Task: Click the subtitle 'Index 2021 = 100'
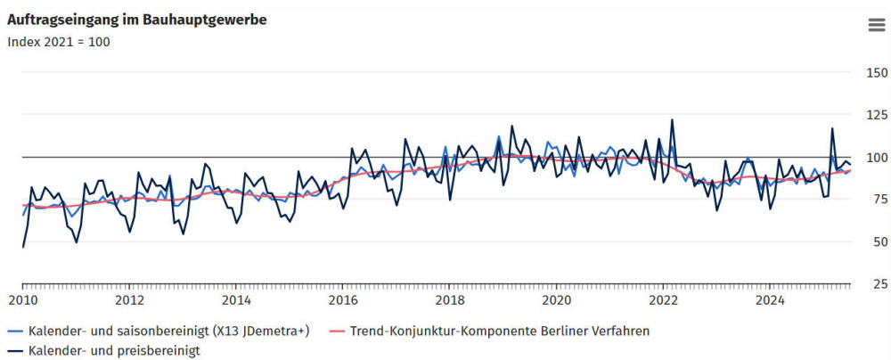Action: click(x=59, y=41)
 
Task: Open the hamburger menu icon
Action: click(x=876, y=25)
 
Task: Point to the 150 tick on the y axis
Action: click(x=878, y=73)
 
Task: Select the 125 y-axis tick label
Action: click(x=878, y=115)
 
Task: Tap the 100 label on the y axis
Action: click(x=878, y=158)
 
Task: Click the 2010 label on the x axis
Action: click(x=23, y=299)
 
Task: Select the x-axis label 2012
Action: click(x=130, y=299)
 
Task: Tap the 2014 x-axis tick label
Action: click(x=236, y=299)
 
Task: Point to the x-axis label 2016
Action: click(x=343, y=299)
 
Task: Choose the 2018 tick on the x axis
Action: click(x=450, y=299)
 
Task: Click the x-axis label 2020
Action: click(x=557, y=299)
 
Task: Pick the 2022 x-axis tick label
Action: click(x=664, y=299)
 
